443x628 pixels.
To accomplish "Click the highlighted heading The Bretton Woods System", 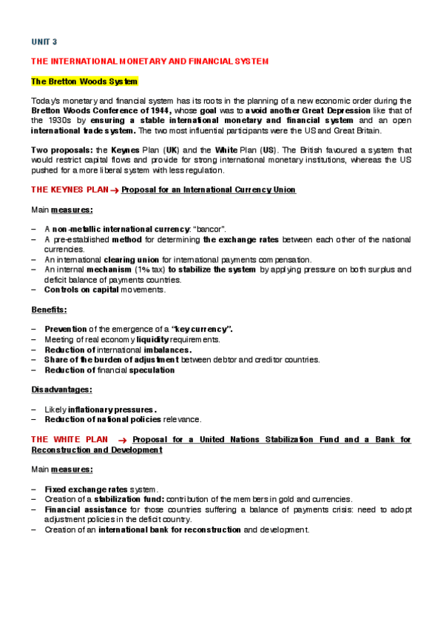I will coord(84,80).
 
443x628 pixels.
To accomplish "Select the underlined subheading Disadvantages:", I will coord(61,389).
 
